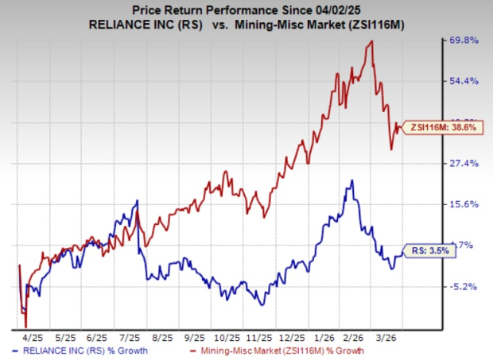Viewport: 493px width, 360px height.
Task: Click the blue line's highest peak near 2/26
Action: coord(351,181)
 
